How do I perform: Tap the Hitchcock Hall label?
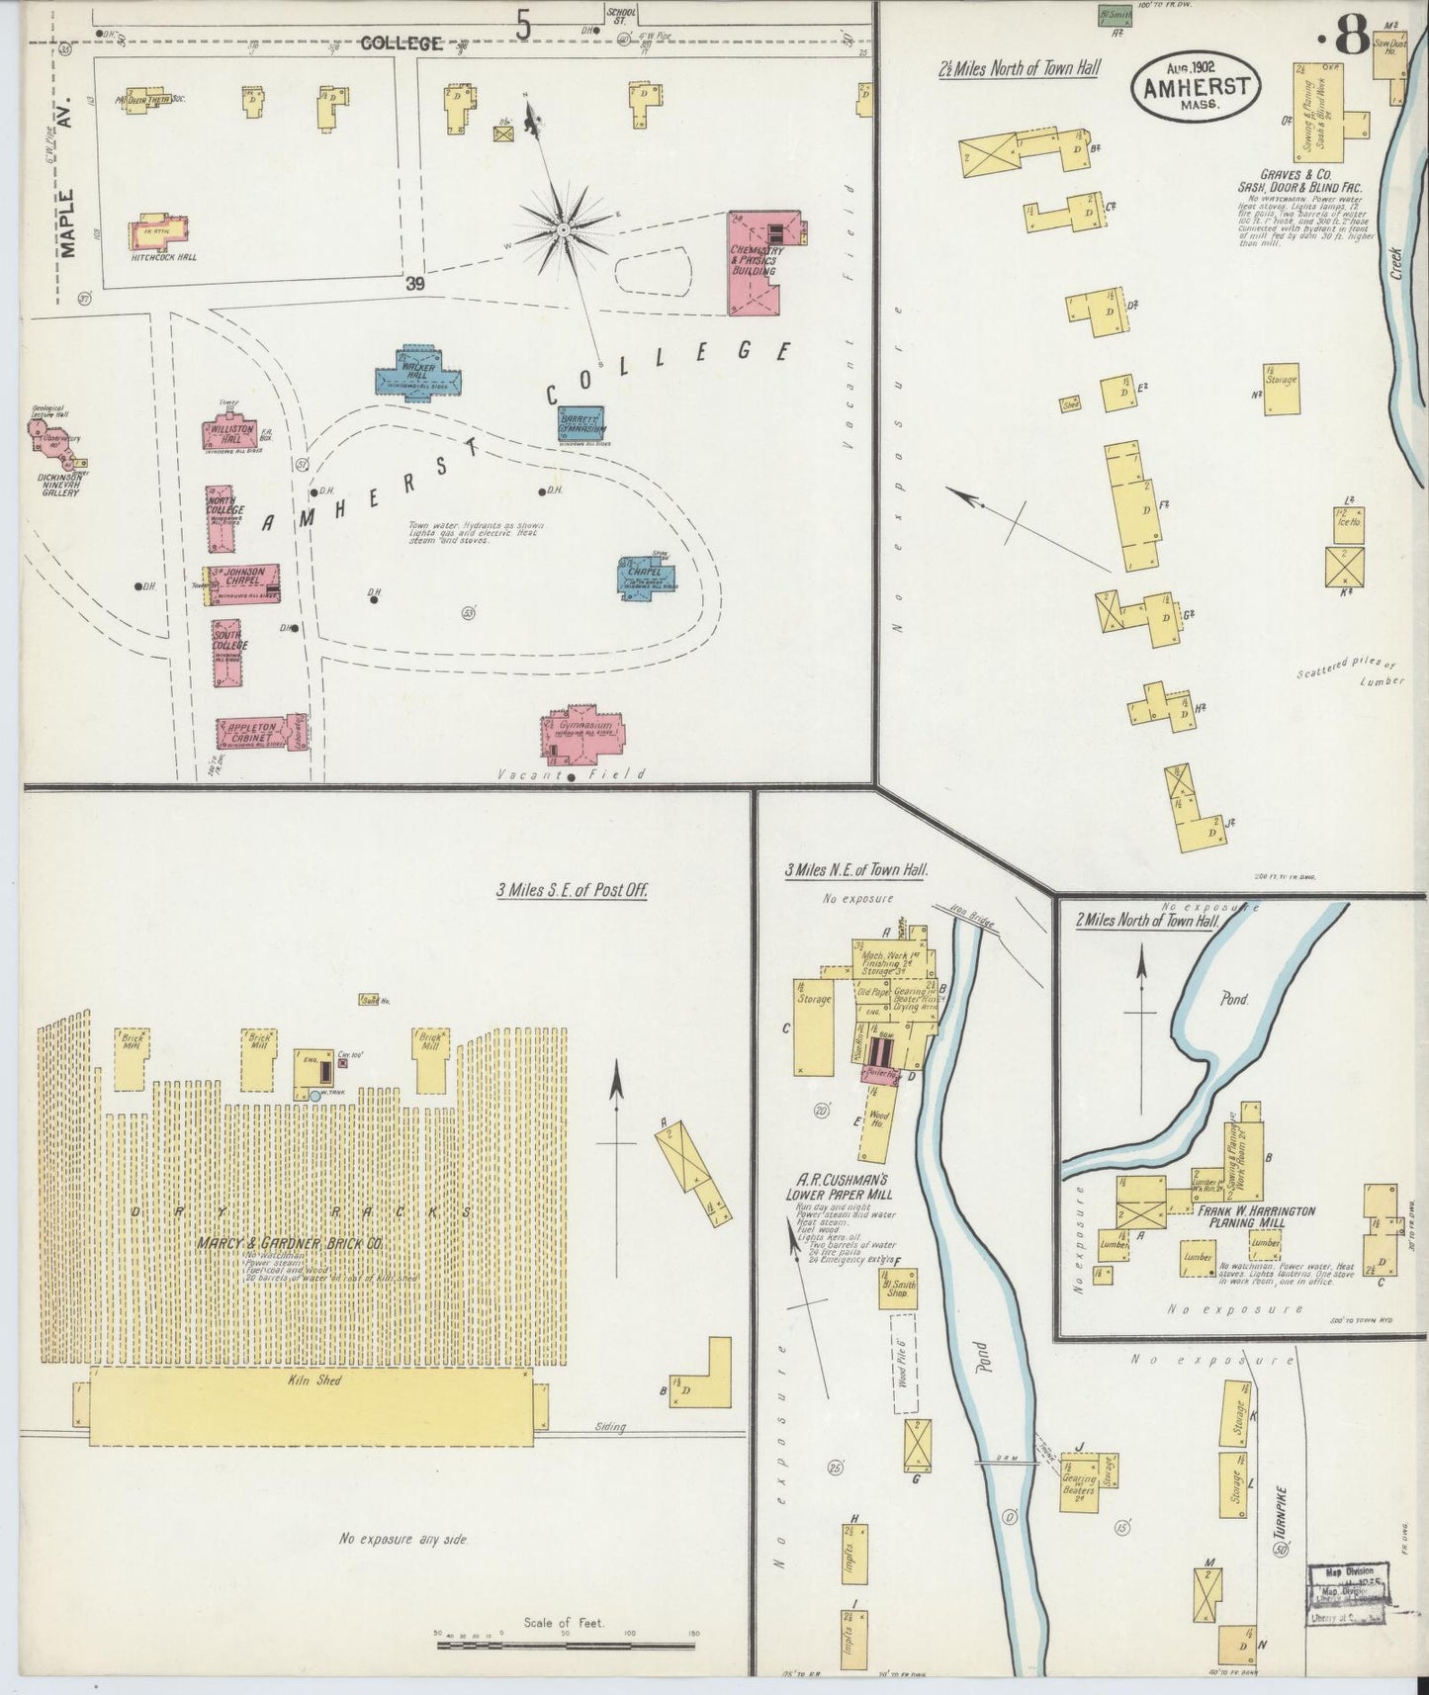click(x=163, y=257)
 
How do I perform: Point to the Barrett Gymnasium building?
click(x=581, y=423)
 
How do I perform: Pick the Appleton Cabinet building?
click(x=255, y=733)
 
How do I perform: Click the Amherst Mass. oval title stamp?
click(x=1195, y=87)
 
